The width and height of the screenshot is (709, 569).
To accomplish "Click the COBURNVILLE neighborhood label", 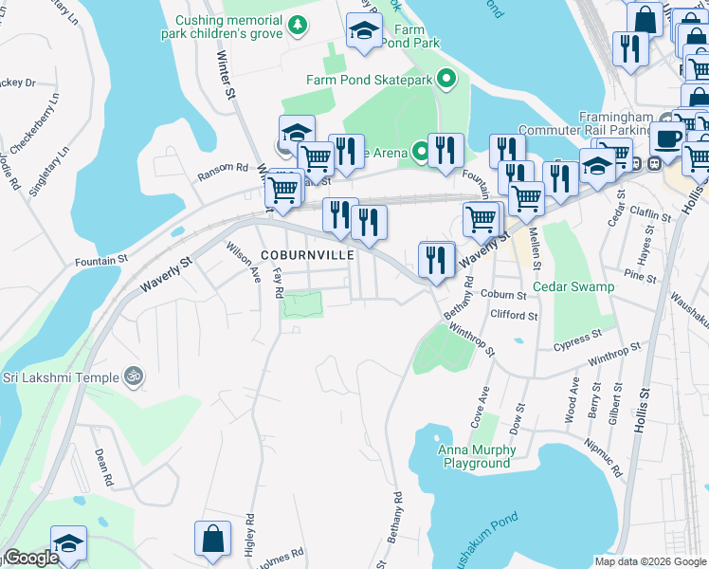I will (x=308, y=255).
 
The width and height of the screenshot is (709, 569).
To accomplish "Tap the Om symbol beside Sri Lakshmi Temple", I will (x=134, y=376).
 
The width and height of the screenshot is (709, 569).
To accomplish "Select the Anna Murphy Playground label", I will (x=477, y=457).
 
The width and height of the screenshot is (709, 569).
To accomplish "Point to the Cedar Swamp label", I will (x=573, y=286).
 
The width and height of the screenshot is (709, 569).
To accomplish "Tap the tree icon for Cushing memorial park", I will (x=299, y=25).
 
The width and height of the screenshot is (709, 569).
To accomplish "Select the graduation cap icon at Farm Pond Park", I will (x=363, y=31).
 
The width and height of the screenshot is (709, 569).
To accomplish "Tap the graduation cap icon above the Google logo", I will (x=68, y=542).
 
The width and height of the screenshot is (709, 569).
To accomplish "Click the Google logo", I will (x=31, y=559).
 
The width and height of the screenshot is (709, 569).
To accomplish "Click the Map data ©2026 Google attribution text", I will (x=649, y=560).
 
